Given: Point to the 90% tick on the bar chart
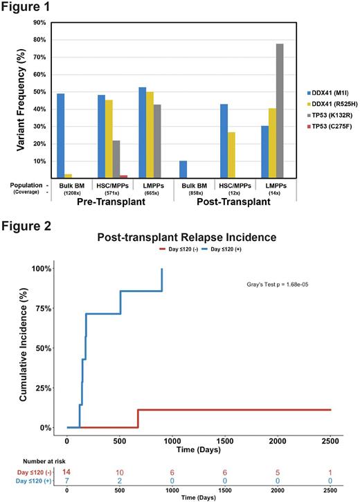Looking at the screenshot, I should click(x=36, y=22).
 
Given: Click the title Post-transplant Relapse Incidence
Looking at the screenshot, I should click(x=181, y=237).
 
